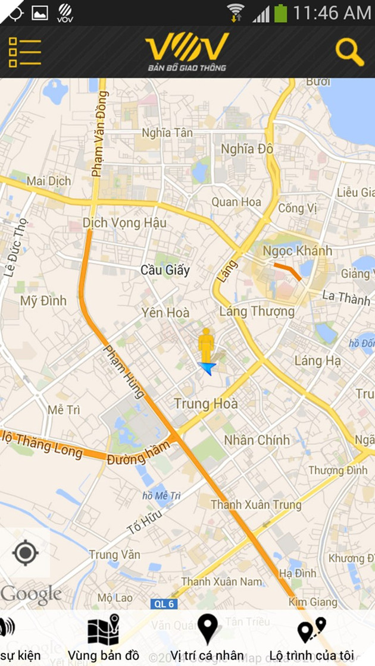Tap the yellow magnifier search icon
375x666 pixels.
(x=349, y=52)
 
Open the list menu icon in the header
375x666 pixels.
(x=24, y=52)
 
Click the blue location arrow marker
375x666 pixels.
(x=207, y=369)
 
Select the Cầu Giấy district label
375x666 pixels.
(x=165, y=271)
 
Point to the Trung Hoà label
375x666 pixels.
(x=205, y=404)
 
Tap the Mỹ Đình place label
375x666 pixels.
(x=43, y=301)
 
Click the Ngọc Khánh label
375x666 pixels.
(x=297, y=250)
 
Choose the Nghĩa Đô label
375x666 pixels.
(x=247, y=149)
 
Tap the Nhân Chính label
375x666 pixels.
(x=257, y=441)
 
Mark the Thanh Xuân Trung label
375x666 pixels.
(x=256, y=505)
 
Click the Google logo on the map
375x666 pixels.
(x=31, y=594)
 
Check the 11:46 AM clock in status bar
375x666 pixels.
(x=332, y=12)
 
